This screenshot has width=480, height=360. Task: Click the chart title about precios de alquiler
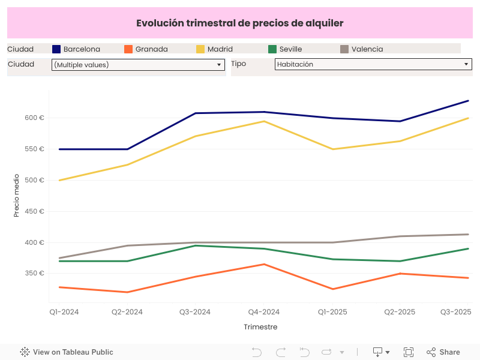click(x=239, y=23)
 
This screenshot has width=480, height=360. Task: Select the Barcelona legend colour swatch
click(x=57, y=49)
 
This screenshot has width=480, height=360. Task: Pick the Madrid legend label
click(x=220, y=49)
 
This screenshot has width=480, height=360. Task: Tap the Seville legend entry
click(x=290, y=49)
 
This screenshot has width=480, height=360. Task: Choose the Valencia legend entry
click(x=367, y=49)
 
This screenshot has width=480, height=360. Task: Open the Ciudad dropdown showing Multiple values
click(x=138, y=64)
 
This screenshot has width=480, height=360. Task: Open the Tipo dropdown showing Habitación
click(x=373, y=64)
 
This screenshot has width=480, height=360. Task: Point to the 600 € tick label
click(x=34, y=118)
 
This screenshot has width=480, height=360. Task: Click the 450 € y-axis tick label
click(x=34, y=211)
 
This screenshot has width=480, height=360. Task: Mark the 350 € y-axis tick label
click(x=34, y=274)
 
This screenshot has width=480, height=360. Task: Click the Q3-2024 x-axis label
click(x=195, y=312)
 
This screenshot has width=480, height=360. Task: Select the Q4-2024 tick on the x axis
click(x=264, y=312)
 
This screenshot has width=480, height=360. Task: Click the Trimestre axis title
click(x=260, y=327)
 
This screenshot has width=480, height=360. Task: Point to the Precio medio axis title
click(x=17, y=195)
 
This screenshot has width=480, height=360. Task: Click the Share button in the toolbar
click(x=443, y=352)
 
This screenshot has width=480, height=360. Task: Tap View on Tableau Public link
click(x=67, y=352)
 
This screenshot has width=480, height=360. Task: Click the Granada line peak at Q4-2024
click(x=264, y=264)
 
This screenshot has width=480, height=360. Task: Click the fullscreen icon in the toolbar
click(x=409, y=352)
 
